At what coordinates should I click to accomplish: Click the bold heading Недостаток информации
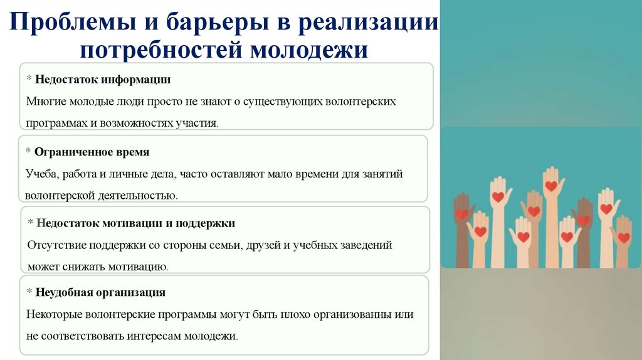[x=103, y=80]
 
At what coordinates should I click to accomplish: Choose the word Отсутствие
[x=54, y=245]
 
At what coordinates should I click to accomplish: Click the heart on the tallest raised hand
[x=551, y=186]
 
